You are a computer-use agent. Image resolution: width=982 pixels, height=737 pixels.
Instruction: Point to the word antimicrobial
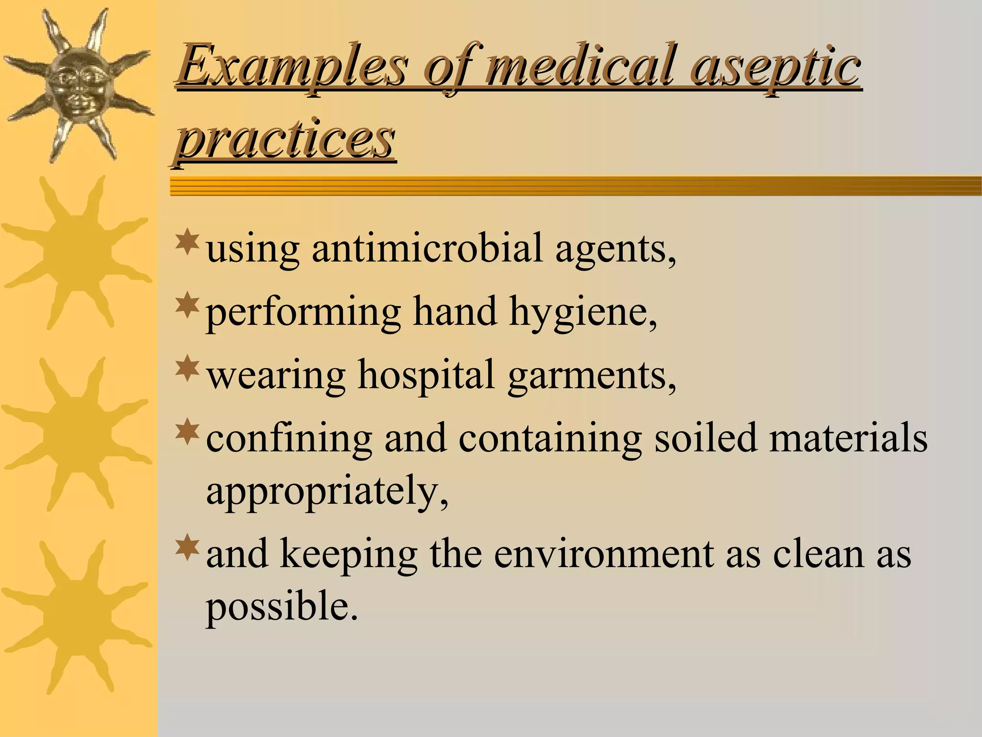coord(427,249)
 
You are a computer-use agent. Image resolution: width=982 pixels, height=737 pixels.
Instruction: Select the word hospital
coord(426,376)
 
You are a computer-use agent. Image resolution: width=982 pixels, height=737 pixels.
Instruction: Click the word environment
coord(603,554)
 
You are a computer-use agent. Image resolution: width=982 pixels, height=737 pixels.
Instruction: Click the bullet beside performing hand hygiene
coord(187,305)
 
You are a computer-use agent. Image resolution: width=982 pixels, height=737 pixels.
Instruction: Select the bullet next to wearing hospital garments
coord(187,368)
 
